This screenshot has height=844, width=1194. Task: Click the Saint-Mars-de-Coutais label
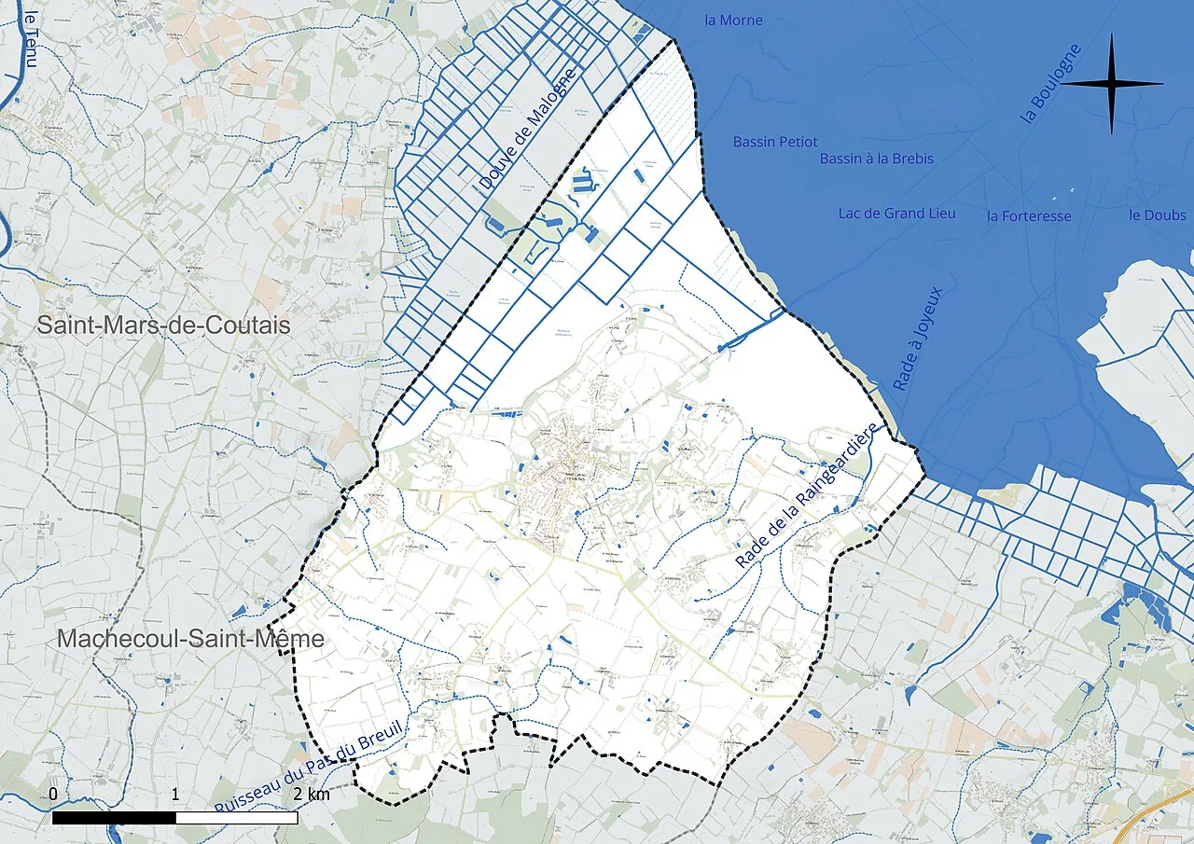pos(164,325)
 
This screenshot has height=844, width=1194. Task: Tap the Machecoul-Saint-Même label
pos(190,639)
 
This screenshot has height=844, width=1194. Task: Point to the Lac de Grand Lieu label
pos(896,214)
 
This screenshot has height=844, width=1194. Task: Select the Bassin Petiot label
pos(774,142)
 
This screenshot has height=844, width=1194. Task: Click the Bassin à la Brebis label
pos(876,159)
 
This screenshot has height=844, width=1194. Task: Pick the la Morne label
pos(733,21)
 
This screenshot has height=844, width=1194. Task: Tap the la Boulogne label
pos(1051,83)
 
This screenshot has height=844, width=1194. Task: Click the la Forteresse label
pos(1029,216)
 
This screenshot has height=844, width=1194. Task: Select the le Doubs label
pos(1157,215)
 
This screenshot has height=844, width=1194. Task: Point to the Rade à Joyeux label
pos(919,338)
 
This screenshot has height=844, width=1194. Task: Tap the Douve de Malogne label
pos(528,129)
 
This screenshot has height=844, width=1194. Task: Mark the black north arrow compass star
pos(1112,84)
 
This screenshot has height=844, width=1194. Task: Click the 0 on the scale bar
pos(53,794)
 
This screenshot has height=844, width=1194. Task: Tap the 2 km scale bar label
pos(311,795)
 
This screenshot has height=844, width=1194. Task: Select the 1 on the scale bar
pos(175,794)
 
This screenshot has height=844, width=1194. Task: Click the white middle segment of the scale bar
pos(236,818)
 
